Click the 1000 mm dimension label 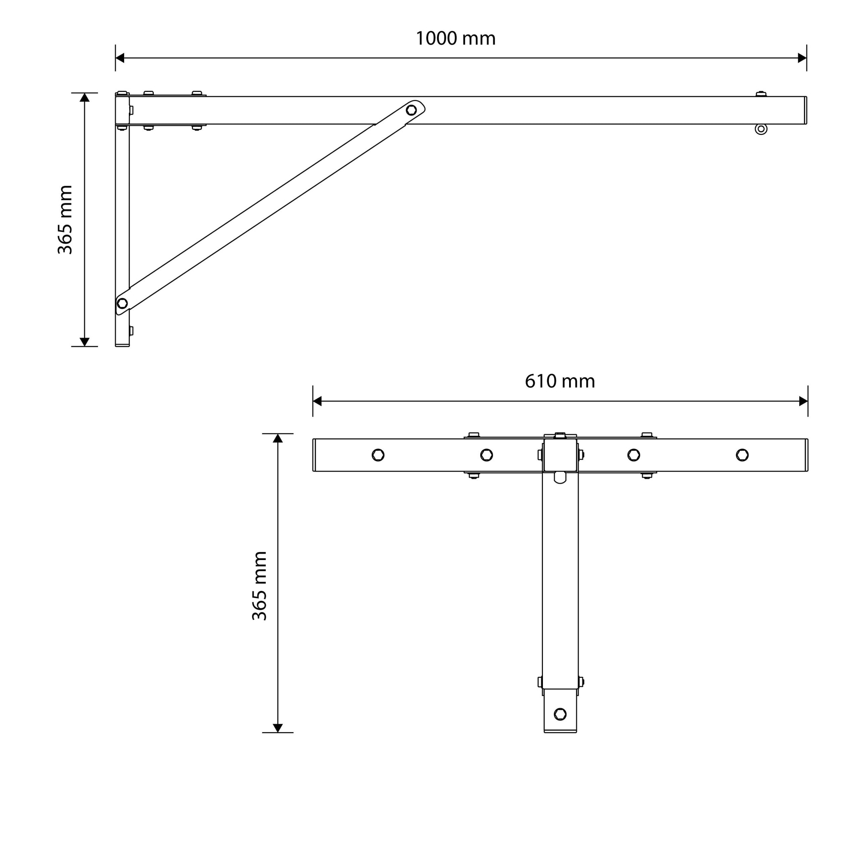tap(455, 38)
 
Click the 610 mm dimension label tap(560, 381)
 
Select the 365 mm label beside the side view tap(65, 219)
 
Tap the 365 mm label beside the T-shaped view tap(259, 586)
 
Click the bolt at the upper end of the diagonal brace tap(411, 110)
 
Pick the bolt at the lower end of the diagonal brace tap(122, 303)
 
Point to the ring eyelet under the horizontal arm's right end tap(761, 129)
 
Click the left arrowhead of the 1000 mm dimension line tap(119, 58)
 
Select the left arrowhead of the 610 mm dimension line tap(317, 401)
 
